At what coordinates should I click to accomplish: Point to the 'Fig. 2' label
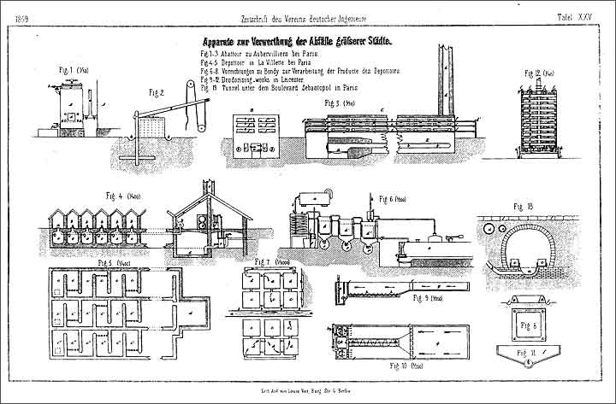click(x=156, y=91)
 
